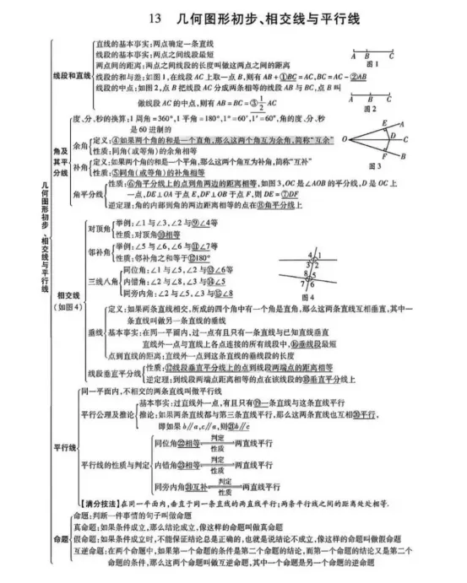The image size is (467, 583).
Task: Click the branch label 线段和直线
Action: click(x=71, y=76)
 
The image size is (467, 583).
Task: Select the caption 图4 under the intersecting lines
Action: click(x=307, y=297)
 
